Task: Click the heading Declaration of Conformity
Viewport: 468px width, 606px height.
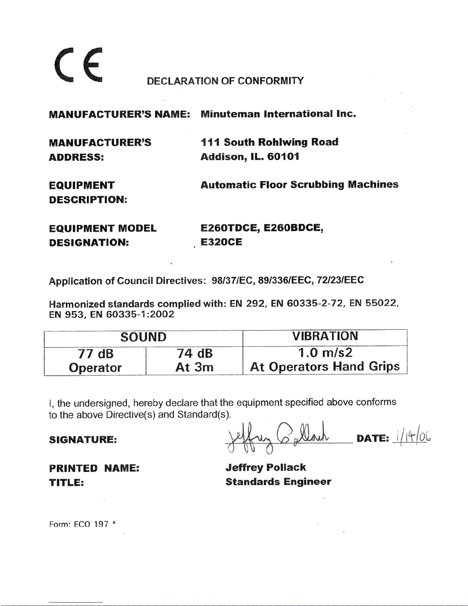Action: coord(225,81)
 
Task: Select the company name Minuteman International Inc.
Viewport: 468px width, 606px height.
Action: coord(278,114)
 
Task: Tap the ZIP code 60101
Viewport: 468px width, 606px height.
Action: coord(283,157)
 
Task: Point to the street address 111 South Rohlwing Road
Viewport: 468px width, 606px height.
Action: coord(269,142)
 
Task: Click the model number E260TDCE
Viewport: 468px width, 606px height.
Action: coord(230,228)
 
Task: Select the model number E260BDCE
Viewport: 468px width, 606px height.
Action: coord(293,228)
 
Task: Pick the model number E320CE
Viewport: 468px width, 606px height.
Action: coord(221,242)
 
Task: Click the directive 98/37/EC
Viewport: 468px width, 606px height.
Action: coord(233,280)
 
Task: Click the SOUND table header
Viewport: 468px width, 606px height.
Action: coord(143,337)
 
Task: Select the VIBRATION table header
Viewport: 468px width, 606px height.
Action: coord(325,336)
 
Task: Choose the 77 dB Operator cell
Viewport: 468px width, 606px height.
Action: coord(95,360)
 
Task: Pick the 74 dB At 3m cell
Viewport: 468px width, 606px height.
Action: coord(194,360)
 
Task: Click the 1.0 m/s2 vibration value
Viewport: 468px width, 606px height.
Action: coord(325,353)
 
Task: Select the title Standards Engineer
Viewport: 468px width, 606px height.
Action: coord(278,482)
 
